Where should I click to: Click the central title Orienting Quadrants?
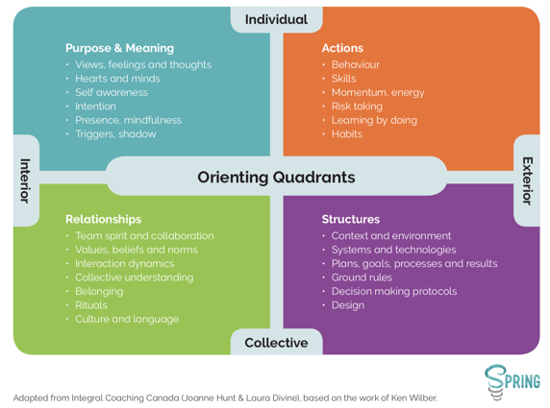coord(276,178)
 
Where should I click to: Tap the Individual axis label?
coord(276,19)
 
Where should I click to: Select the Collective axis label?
coord(276,343)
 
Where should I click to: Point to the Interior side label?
coord(25,180)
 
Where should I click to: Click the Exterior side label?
coord(528,180)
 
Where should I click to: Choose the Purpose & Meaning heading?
coord(119,48)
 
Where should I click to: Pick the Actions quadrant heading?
coord(342,48)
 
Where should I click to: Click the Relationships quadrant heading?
coord(104,219)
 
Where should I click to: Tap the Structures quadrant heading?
coord(351,219)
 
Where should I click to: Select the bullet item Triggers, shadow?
coord(115,134)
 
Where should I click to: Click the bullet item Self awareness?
coord(112,92)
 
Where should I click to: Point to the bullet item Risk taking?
coord(357,107)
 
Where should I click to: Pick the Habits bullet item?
coord(347,133)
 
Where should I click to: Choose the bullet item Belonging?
coord(99,292)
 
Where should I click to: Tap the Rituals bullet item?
coord(91,305)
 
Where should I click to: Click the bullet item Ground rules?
coord(362,277)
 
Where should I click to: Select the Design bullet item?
coord(348,305)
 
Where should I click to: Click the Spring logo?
coord(512,382)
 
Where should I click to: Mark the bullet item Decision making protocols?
coord(394,292)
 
